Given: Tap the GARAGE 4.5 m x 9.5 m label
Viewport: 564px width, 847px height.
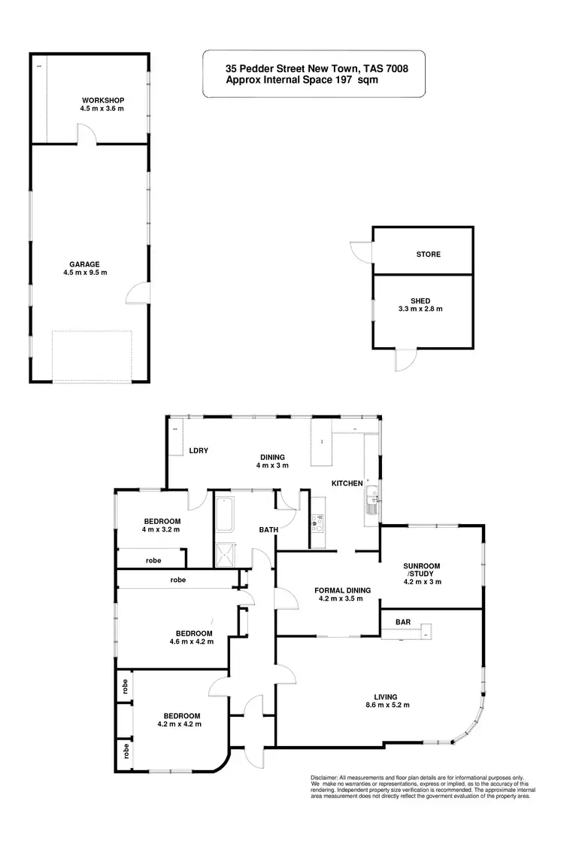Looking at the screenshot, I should pyautogui.click(x=85, y=268).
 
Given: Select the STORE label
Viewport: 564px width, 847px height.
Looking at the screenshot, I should pyautogui.click(x=429, y=254).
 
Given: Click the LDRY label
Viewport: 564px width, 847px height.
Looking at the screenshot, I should pyautogui.click(x=199, y=450).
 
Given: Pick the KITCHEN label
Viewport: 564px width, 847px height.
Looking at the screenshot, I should pyautogui.click(x=347, y=483).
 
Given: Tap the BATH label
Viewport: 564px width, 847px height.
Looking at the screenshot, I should pyautogui.click(x=269, y=529).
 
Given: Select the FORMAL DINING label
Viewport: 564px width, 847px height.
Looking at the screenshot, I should pyautogui.click(x=338, y=595).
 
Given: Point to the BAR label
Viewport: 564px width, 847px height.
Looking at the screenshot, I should pyautogui.click(x=402, y=622).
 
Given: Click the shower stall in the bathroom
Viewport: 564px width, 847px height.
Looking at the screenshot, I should pyautogui.click(x=225, y=554).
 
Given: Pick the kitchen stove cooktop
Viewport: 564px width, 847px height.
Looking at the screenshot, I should pyautogui.click(x=318, y=518).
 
